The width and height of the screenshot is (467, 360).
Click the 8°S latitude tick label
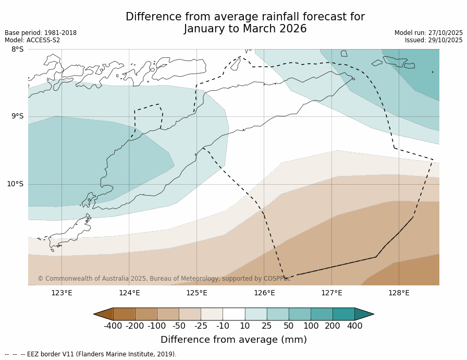17,50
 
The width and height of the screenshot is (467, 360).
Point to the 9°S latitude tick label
17,116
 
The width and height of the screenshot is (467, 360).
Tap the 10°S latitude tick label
15,184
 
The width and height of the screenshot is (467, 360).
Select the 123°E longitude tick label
62,293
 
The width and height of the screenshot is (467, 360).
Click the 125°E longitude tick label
196,293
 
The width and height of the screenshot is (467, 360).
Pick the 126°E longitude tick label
264,293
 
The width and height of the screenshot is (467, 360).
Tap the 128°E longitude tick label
399,293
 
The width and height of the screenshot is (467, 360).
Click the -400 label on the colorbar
113,326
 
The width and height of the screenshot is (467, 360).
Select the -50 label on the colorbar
179,326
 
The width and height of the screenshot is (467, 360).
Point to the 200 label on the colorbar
333,326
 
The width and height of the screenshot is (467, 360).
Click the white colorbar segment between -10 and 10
233,314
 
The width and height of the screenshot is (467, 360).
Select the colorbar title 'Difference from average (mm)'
233,340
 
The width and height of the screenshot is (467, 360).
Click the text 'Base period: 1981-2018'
41,33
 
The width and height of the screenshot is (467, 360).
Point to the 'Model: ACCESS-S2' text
32,40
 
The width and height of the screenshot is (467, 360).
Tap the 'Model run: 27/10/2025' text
428,33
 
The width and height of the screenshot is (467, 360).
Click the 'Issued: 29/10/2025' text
434,40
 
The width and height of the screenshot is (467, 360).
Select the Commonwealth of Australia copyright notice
164,279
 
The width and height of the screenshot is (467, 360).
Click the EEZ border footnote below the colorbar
91,354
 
